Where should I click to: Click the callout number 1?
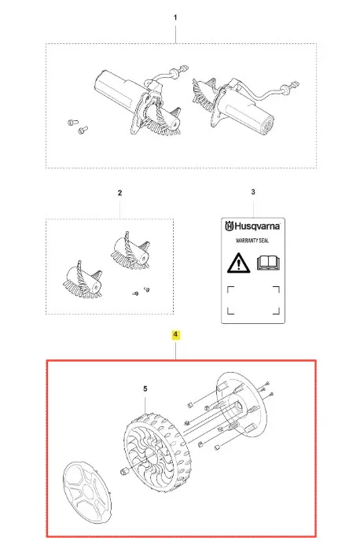(175, 17)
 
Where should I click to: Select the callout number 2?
(120, 193)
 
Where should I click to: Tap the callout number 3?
(253, 192)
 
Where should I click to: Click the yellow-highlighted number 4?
(175, 334)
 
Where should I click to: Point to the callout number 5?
(145, 388)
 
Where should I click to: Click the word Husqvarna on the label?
(257, 226)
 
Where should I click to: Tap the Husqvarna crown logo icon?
(229, 226)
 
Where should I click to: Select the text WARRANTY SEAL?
(252, 241)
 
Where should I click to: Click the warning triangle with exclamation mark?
(239, 263)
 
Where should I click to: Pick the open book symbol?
(268, 263)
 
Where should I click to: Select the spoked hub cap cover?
(87, 492)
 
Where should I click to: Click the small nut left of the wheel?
(123, 471)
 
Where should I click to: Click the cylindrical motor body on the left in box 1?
(117, 90)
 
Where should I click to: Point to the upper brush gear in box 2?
(130, 251)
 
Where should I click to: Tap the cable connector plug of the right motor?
(293, 86)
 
